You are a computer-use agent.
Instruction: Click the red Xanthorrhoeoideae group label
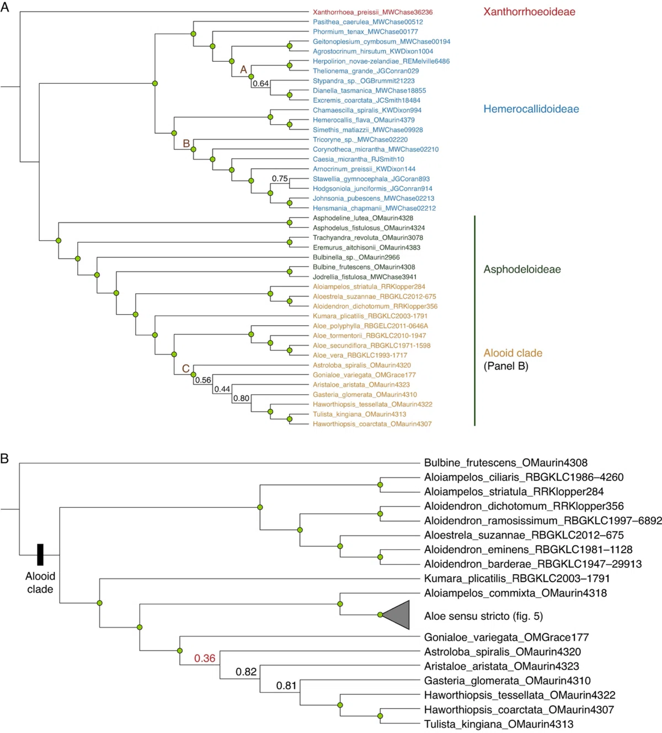point(529,12)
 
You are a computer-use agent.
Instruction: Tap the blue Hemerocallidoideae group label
point(531,109)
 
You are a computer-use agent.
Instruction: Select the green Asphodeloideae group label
point(522,269)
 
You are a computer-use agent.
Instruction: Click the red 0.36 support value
point(205,658)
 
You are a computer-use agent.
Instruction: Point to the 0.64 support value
point(261,84)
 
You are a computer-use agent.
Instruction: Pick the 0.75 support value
point(280,178)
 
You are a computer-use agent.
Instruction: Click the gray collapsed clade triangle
point(396,615)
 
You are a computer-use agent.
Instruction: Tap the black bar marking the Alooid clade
point(40,555)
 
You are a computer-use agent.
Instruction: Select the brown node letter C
point(185,368)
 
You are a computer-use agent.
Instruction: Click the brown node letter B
point(186,144)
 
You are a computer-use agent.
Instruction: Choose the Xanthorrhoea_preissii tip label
point(372,12)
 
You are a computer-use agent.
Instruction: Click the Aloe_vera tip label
point(360,355)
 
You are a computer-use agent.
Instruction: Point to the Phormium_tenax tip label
point(365,32)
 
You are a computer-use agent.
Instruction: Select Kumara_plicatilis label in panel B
point(517,578)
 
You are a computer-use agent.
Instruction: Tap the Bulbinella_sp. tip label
point(356,257)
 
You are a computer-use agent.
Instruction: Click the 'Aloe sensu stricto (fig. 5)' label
point(483,616)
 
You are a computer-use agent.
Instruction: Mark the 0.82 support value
point(246,672)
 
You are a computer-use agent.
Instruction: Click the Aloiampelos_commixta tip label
point(515,593)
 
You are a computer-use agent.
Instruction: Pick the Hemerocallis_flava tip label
point(364,120)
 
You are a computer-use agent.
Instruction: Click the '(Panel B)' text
point(506,366)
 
